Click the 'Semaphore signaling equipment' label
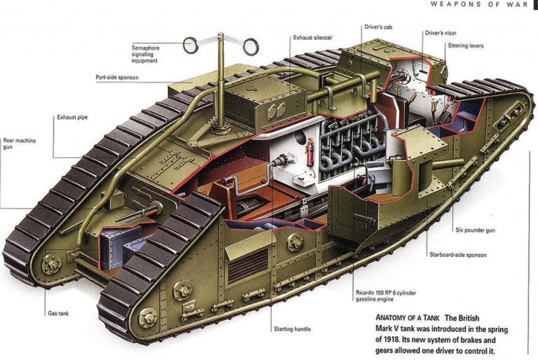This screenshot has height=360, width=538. [x=145, y=54]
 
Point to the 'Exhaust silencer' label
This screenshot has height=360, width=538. [x=312, y=37]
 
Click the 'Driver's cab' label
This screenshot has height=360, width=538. [x=378, y=27]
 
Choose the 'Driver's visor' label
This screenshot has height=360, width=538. [x=441, y=33]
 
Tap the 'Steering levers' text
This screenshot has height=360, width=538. [x=466, y=46]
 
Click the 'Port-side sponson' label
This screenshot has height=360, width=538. [x=117, y=78]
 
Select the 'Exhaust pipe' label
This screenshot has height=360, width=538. [x=72, y=118]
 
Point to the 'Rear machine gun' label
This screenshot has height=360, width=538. [x=19, y=144]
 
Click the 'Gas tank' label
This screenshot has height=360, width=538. [x=58, y=313]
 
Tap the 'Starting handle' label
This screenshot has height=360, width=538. [x=292, y=329]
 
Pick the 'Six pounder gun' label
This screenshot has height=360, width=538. [x=475, y=230]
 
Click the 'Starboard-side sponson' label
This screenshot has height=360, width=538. [x=457, y=255]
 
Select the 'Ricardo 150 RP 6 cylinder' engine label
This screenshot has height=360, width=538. [x=386, y=293]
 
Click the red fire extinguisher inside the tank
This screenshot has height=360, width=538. [x=310, y=152]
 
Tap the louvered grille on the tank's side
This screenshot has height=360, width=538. [x=247, y=265]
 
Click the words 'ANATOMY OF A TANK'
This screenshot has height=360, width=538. [x=407, y=318]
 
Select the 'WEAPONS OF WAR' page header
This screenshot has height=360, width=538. [x=479, y=4]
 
